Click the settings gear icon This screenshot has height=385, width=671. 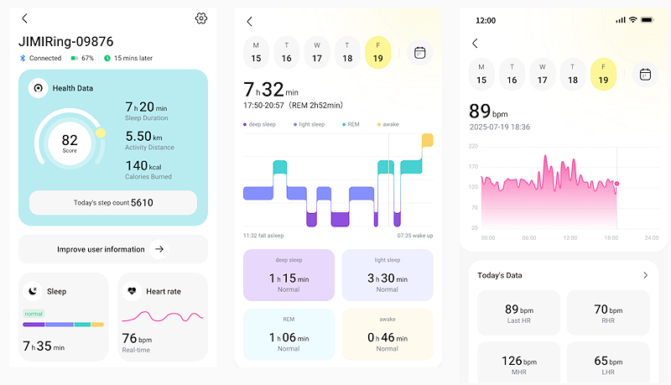200,18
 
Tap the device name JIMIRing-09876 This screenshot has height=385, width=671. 66,41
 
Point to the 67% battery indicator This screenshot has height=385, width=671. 82,58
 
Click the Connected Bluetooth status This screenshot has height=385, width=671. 41,58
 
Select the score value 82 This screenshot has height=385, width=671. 70,140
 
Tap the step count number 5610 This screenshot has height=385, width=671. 142,202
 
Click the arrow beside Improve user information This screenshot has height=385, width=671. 160,249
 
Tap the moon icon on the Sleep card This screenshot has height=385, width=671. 33,291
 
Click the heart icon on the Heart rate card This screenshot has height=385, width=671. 131,291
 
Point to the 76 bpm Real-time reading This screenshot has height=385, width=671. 138,340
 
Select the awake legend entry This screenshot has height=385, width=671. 388,124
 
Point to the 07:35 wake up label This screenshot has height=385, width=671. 415,236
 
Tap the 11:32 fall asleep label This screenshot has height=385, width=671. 263,236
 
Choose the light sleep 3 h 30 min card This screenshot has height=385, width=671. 387,275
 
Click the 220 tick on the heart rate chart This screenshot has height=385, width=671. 473,146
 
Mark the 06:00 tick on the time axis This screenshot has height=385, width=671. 528,238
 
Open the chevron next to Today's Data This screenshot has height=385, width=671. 645,275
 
